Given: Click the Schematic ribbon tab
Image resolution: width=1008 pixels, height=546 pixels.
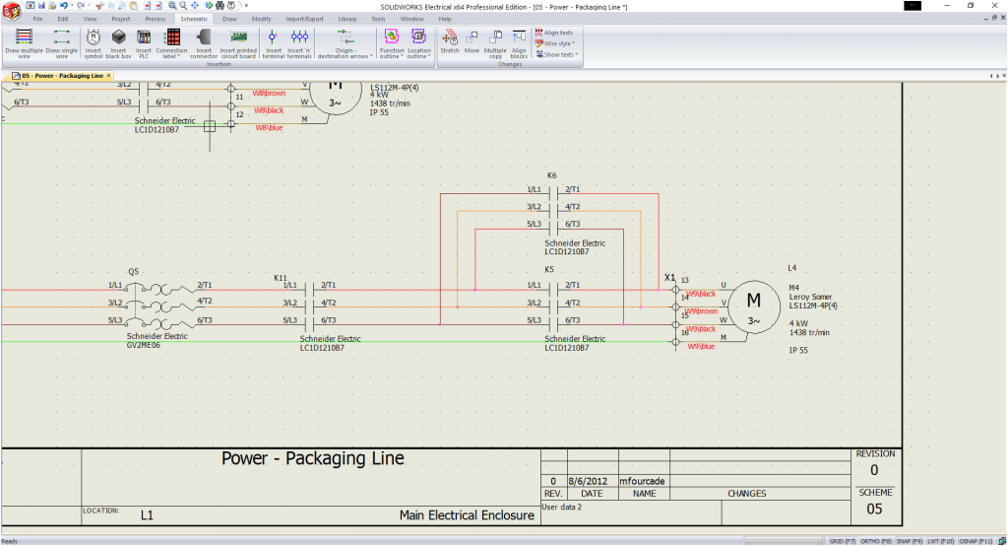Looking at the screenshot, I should [x=194, y=19].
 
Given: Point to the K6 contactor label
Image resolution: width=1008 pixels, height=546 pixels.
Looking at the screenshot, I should [x=551, y=175].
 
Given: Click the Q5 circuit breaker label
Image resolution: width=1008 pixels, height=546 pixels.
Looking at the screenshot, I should [x=133, y=271].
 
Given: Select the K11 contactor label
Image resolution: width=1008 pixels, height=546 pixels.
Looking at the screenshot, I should [x=281, y=278].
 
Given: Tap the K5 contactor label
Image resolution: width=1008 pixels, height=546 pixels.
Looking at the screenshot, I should [x=549, y=269].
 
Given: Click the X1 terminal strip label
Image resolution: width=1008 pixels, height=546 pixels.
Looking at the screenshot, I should [x=670, y=278].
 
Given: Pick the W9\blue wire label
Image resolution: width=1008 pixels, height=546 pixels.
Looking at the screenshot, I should [x=701, y=346].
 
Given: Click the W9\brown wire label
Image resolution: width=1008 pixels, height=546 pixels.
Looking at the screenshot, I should [x=702, y=310].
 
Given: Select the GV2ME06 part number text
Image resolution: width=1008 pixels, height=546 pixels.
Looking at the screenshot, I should [x=143, y=345].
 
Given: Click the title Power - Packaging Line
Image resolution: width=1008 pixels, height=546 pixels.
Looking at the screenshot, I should [x=312, y=459].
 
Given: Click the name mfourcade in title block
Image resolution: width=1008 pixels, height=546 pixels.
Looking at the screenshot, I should [x=644, y=481].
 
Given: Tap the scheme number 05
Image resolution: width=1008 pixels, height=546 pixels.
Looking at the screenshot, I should [x=875, y=509].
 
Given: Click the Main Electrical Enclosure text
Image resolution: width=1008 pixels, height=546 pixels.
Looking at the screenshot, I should [x=467, y=514].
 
